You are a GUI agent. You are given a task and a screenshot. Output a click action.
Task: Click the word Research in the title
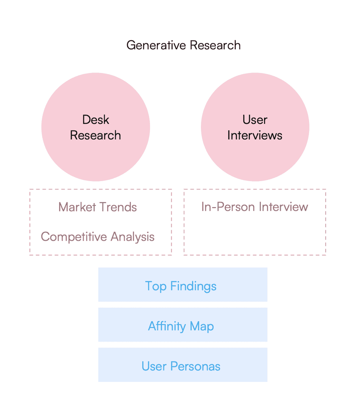tap(215, 45)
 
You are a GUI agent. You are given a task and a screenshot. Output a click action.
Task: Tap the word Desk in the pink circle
tap(96, 120)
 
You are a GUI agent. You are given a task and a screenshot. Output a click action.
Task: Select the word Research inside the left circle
tap(96, 135)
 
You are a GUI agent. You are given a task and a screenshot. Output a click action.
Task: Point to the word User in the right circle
tap(255, 120)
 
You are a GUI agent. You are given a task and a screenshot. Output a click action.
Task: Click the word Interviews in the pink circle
tap(255, 135)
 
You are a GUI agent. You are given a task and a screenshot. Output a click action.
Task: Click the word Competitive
tap(74, 237)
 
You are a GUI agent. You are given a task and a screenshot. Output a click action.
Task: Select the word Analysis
tap(133, 237)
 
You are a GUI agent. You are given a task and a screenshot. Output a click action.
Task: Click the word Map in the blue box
tap(202, 327)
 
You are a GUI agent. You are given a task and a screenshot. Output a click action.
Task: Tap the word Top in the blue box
tap(156, 286)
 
